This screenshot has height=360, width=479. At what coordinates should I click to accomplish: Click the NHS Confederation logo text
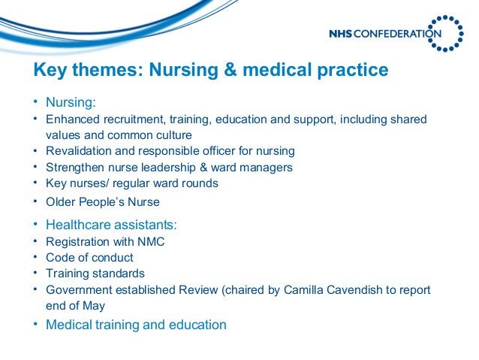[x=384, y=33]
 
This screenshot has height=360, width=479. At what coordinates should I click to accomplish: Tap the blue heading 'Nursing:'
[x=71, y=102]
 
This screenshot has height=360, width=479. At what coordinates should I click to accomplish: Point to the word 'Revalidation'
[x=79, y=151]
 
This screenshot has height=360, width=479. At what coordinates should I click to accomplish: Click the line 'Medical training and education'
[x=136, y=325]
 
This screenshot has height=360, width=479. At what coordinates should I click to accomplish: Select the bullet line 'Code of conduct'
[x=89, y=257]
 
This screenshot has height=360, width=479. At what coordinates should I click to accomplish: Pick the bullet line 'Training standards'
[x=95, y=274]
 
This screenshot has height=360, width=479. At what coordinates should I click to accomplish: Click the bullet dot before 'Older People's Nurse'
[x=35, y=201]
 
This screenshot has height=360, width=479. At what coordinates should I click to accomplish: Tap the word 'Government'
[x=78, y=290]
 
